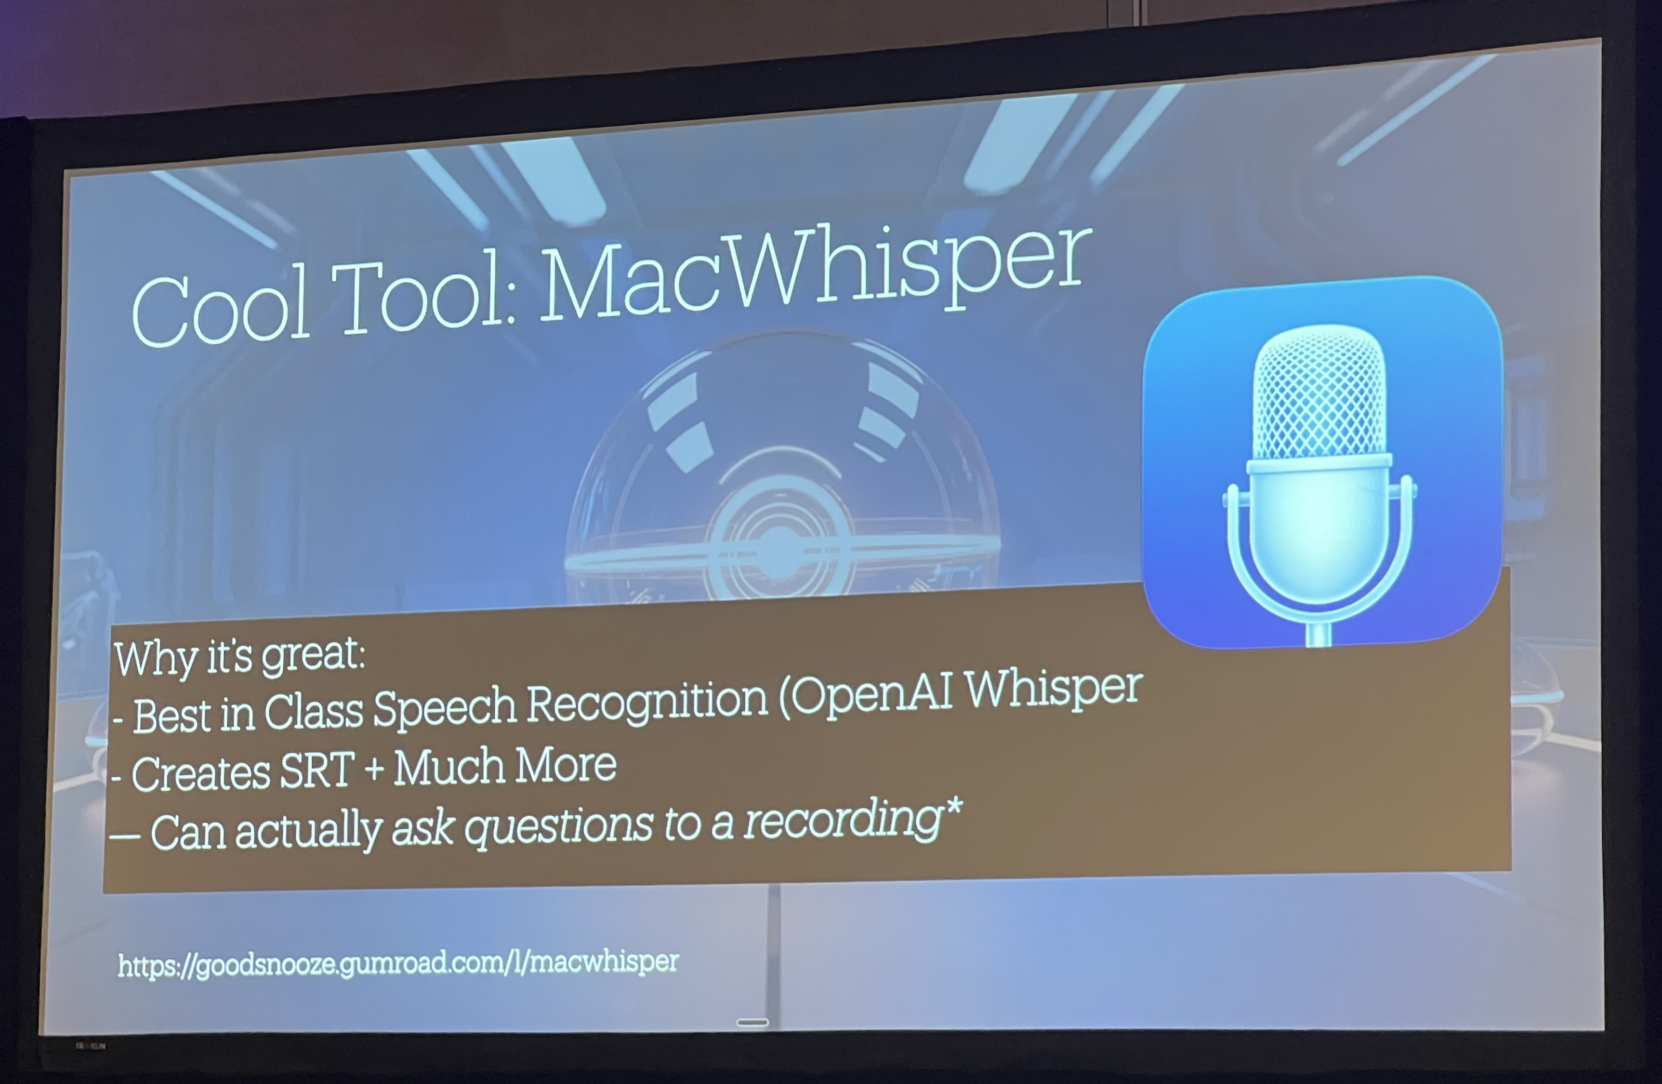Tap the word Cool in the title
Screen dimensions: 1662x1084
[221, 308]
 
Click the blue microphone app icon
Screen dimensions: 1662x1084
[1322, 462]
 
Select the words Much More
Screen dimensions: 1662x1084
[505, 766]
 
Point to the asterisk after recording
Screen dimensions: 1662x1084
[953, 808]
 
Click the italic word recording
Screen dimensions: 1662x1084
[842, 820]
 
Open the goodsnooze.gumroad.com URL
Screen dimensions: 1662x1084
[398, 963]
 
